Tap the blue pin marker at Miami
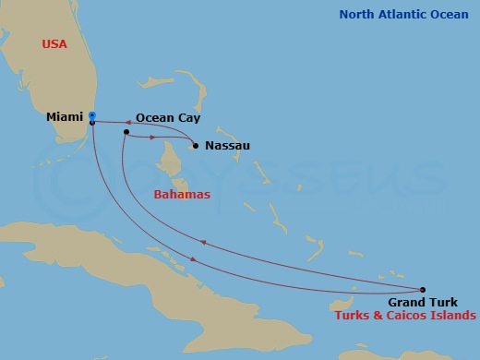[92, 116]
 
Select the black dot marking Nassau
[194, 145]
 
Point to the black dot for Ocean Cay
[126, 132]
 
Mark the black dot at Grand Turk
[424, 289]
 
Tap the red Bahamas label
[181, 195]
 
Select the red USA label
[54, 44]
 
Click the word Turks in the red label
[355, 316]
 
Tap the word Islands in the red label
[455, 316]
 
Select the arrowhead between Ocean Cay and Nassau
[152, 138]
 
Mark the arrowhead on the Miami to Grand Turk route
[192, 259]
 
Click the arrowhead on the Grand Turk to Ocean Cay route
[204, 244]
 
